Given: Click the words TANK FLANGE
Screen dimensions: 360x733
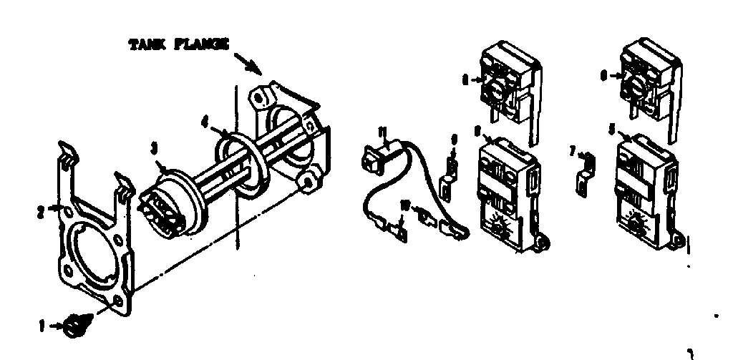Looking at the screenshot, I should click(x=178, y=45).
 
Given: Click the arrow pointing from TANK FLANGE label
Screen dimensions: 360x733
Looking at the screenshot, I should click(x=251, y=64).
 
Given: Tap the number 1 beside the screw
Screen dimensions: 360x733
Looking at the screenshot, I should click(x=42, y=326).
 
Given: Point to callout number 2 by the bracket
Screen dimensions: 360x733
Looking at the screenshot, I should click(x=42, y=211).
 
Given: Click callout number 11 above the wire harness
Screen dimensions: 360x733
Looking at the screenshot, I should click(x=382, y=131).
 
